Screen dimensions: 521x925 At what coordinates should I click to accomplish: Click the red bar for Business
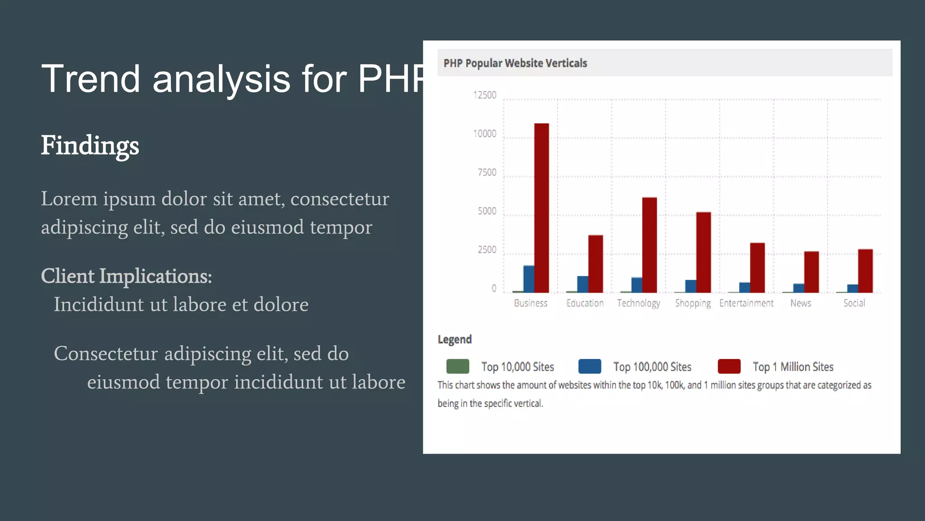click(542, 208)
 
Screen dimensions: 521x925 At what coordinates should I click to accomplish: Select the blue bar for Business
click(528, 279)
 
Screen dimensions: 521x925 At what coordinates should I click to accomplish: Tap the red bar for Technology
click(649, 245)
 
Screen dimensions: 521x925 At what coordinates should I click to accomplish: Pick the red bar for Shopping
click(703, 252)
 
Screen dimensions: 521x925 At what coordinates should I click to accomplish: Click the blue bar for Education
click(583, 284)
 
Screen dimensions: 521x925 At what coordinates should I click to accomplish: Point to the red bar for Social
click(865, 271)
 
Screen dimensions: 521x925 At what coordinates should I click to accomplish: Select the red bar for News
click(811, 272)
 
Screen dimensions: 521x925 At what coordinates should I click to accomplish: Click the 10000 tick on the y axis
click(485, 134)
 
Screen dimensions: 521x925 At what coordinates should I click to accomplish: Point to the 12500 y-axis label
click(485, 95)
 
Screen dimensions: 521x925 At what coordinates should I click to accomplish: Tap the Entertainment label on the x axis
click(746, 303)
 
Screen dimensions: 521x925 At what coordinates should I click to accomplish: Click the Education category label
click(585, 303)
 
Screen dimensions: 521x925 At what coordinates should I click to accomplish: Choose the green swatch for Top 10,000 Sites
click(458, 366)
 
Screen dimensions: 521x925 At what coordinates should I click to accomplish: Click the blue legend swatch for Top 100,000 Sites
click(589, 366)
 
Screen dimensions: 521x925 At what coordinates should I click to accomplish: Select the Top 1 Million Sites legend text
click(793, 367)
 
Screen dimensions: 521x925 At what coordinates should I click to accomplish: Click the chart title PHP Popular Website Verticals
click(515, 63)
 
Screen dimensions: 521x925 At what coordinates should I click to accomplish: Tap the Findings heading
click(90, 146)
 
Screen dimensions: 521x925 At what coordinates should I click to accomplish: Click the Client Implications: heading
click(126, 276)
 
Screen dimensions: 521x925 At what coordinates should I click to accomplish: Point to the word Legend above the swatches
click(454, 340)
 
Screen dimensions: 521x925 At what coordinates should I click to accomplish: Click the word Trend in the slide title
click(91, 79)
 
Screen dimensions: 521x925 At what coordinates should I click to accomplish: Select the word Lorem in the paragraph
click(69, 199)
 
